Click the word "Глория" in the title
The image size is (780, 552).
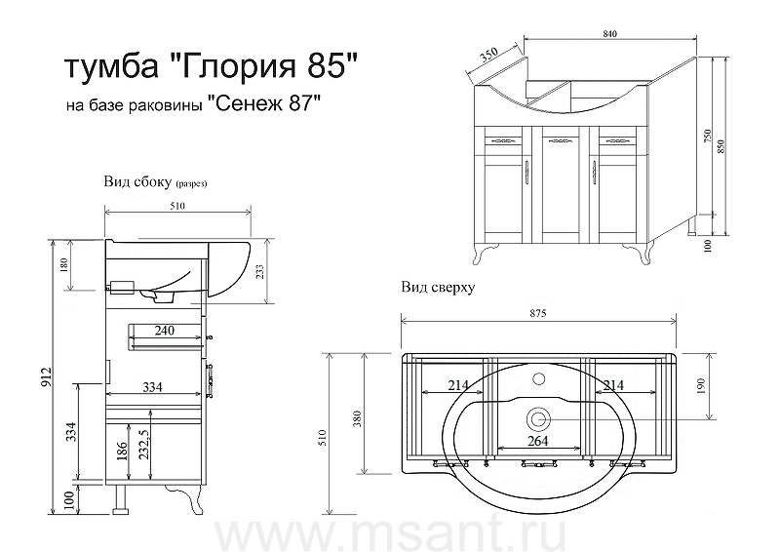pos(233,66)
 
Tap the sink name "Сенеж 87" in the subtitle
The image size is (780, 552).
pos(261,104)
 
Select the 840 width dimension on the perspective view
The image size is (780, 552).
pos(610,33)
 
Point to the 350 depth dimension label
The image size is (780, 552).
pos(489,55)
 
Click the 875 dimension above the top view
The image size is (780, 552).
pos(538,313)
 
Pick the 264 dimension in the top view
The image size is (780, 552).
pos(538,441)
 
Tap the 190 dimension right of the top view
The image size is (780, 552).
pos(701,386)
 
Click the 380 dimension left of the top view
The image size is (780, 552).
pos(357,418)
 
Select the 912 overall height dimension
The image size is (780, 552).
pos(46,376)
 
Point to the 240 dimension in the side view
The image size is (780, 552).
pos(164,330)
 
